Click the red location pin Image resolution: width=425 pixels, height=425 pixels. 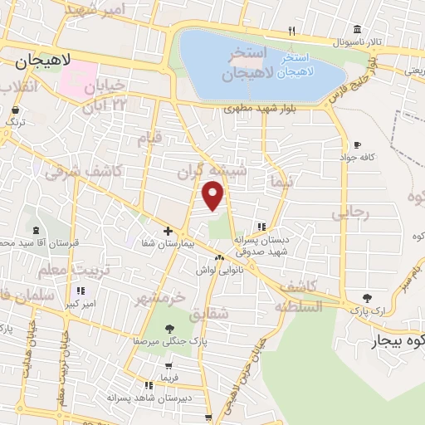[x=213, y=196]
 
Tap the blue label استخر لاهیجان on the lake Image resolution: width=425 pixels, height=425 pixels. [x=295, y=66]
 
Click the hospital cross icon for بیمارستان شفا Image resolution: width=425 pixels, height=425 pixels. [x=169, y=231]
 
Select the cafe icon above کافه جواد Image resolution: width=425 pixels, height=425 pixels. [x=357, y=144]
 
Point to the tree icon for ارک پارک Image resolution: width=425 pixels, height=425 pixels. [x=368, y=298]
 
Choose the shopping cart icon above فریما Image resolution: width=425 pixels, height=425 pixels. [x=169, y=365]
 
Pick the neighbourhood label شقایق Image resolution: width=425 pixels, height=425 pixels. [x=208, y=316]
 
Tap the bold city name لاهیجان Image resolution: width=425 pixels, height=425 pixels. [x=40, y=61]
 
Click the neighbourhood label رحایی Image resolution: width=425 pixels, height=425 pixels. [x=349, y=212]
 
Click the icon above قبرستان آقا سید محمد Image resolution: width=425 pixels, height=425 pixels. [x=35, y=231]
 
